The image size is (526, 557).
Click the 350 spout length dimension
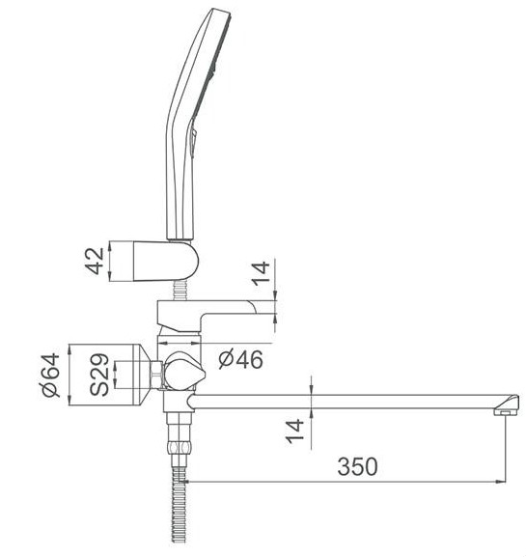tap(357, 465)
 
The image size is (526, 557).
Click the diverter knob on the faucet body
tap(182, 371)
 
